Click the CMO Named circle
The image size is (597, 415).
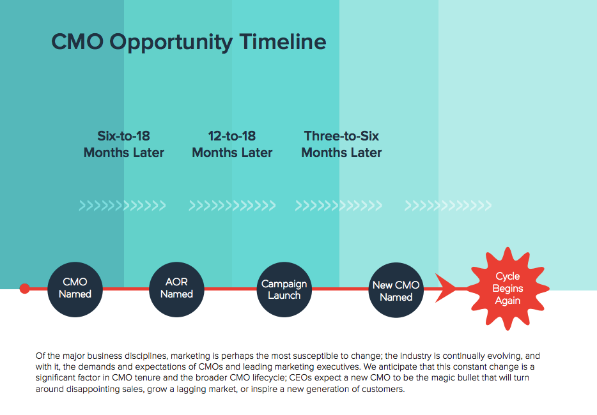[x=75, y=289]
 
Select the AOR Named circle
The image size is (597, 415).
[x=176, y=289]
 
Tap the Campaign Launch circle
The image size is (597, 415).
[x=284, y=289]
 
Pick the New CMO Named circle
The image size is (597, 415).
[x=396, y=290]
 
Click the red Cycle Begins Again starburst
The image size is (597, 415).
[x=508, y=289]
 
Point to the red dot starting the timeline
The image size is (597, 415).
[x=25, y=289]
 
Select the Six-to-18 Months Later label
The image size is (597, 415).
[x=124, y=144]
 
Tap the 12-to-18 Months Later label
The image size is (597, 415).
[x=232, y=144]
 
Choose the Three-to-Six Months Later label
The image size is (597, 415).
[x=341, y=144]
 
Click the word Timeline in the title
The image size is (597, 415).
[x=283, y=41]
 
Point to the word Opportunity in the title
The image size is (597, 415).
[x=171, y=43]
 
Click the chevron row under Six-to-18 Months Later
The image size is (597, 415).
[x=122, y=206]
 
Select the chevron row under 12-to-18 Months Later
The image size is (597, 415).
[x=232, y=206]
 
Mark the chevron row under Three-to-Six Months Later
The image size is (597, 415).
[x=339, y=206]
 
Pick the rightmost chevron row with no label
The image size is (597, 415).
[x=447, y=206]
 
